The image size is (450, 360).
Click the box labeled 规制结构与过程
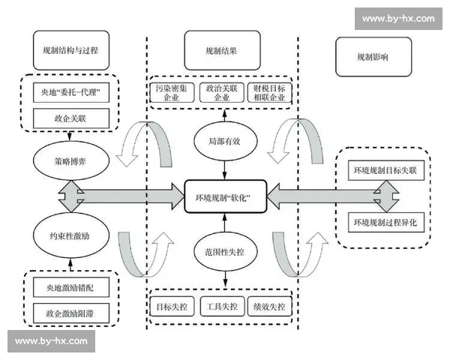[71, 52]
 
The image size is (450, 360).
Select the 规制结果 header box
[221, 52]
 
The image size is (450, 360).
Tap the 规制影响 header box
[372, 56]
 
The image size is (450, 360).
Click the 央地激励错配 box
[71, 286]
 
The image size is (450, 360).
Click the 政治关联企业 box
[223, 92]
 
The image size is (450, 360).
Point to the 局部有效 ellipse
[223, 140]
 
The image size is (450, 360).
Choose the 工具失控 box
[223, 307]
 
